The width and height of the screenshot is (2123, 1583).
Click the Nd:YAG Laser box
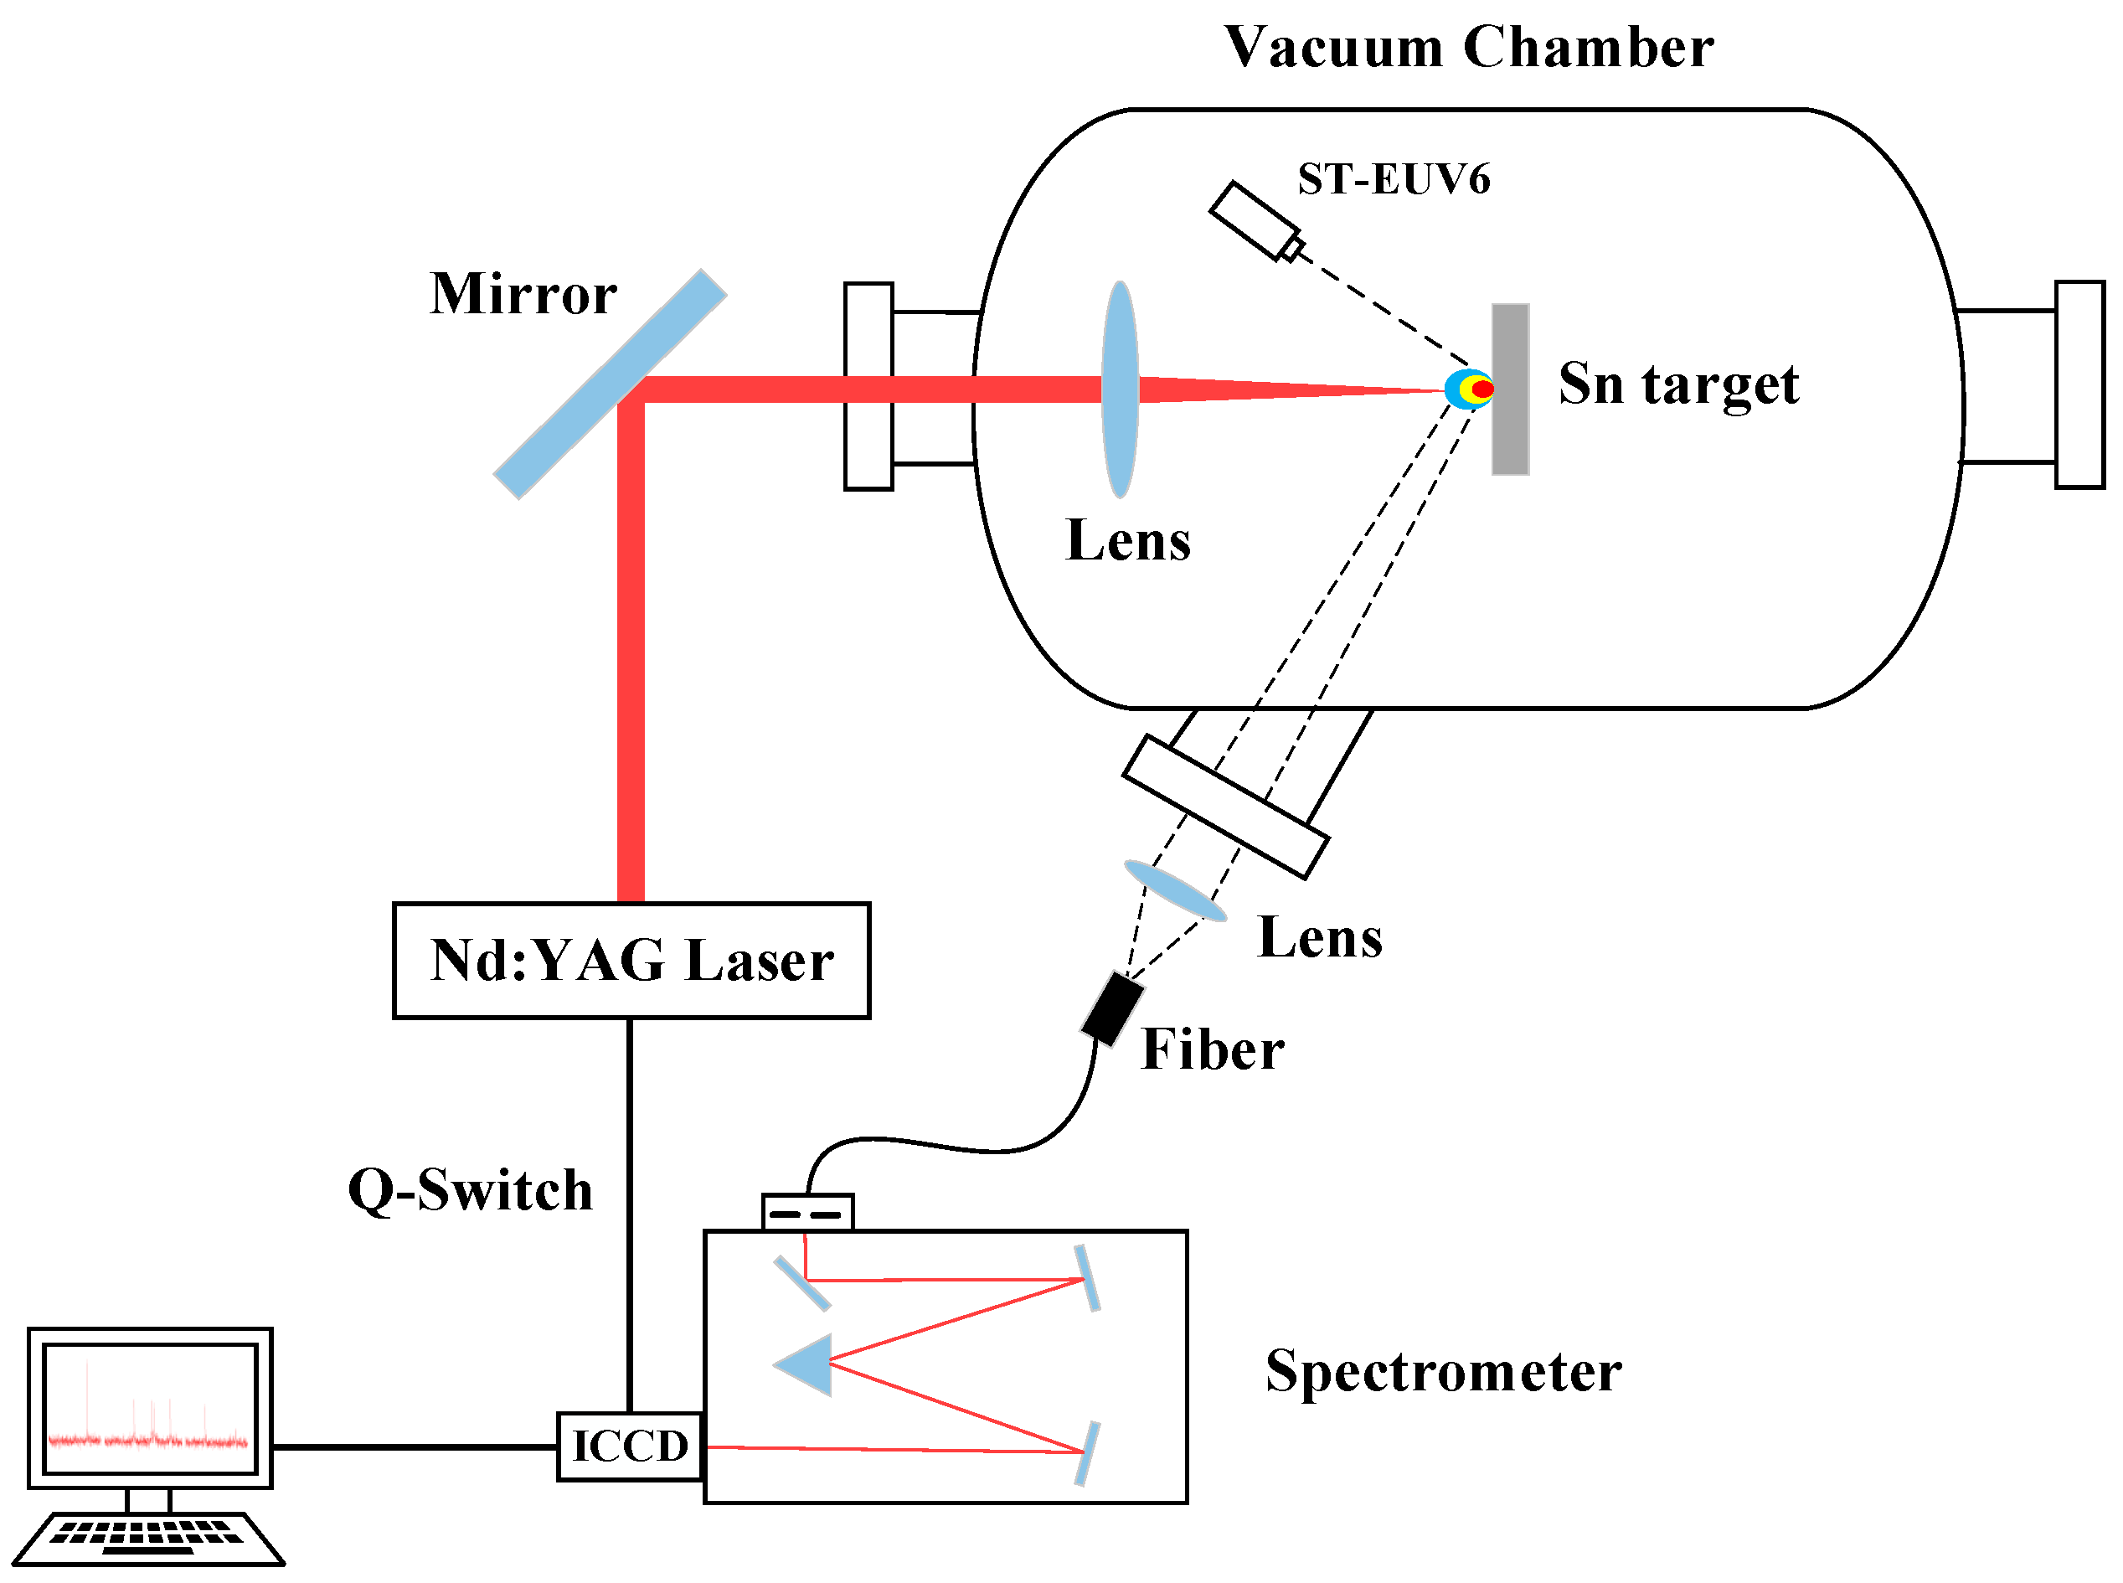(631, 960)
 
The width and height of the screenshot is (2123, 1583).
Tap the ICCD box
(630, 1446)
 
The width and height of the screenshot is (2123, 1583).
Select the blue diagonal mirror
(610, 384)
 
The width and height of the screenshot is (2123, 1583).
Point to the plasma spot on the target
(1471, 389)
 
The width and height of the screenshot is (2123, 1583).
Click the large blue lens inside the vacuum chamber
(1119, 389)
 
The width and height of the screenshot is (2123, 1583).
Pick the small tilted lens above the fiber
(1174, 891)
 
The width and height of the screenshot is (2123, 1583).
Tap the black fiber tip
(1112, 1009)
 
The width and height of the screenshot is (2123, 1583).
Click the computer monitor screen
(151, 1408)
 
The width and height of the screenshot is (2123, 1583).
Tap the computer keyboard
(148, 1536)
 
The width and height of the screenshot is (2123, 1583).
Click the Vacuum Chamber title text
(1468, 48)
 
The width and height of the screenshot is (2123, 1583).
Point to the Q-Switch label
(470, 1191)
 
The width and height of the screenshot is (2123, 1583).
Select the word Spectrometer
(1443, 1371)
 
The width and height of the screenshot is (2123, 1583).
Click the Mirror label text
(523, 293)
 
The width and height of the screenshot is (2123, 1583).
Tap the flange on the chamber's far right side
(2079, 385)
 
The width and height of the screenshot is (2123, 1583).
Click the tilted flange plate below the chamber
(1224, 807)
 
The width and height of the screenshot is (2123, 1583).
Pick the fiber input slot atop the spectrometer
(806, 1213)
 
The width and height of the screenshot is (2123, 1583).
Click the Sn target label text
(1677, 384)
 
